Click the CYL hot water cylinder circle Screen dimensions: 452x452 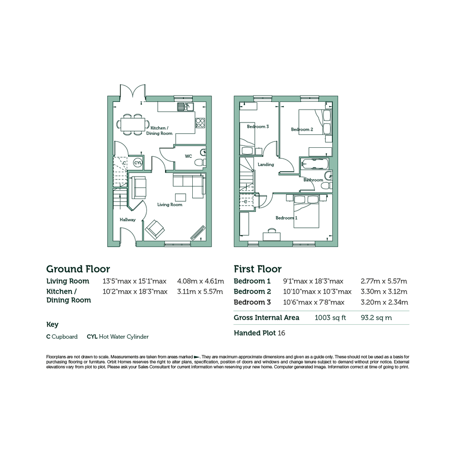(138, 163)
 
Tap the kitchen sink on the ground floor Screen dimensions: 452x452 (186, 107)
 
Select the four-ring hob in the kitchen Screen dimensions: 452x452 (200, 123)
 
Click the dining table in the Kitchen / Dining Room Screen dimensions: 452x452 (133, 124)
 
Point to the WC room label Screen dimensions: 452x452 (188, 156)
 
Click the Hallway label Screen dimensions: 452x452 (127, 220)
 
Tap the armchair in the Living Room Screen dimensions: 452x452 (155, 230)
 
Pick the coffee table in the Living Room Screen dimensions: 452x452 (180, 197)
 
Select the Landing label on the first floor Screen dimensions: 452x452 (265, 165)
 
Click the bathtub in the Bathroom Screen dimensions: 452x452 (315, 165)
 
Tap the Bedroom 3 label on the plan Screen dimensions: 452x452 (258, 127)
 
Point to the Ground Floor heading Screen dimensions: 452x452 (78, 269)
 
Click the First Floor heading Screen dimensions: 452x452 (258, 269)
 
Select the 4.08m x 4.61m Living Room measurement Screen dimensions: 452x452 (200, 281)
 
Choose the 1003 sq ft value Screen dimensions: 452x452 (330, 318)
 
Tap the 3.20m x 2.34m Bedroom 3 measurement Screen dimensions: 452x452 (384, 302)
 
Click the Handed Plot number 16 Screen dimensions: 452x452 (281, 333)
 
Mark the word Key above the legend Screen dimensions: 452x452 (53, 325)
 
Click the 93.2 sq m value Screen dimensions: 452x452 (376, 318)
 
